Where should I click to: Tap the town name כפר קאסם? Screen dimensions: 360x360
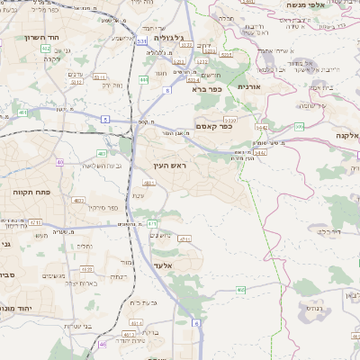click(x=214, y=127)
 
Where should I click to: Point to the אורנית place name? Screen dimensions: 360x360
click(x=248, y=86)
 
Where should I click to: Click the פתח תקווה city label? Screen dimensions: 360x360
click(x=30, y=192)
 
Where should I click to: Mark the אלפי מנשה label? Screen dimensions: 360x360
click(x=307, y=5)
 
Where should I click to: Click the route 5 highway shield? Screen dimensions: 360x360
click(x=105, y=119)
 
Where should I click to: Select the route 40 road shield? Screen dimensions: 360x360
click(x=59, y=162)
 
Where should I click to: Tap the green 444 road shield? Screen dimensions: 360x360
click(x=144, y=80)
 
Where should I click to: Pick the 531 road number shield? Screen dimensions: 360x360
click(x=142, y=40)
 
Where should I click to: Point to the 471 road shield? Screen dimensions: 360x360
click(x=152, y=223)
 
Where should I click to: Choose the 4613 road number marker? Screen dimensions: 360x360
click(x=86, y=268)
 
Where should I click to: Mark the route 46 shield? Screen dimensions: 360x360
click(x=103, y=343)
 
